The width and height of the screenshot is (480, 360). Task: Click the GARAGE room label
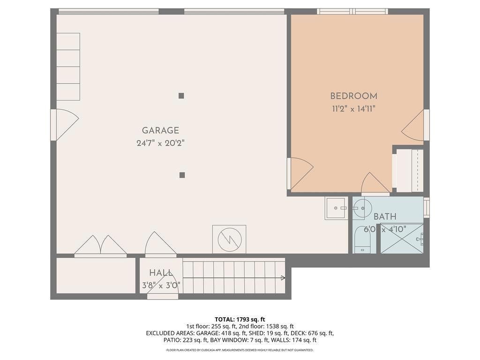160,131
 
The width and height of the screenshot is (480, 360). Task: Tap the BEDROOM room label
353,96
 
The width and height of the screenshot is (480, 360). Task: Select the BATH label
385,217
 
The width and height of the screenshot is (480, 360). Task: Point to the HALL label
160,273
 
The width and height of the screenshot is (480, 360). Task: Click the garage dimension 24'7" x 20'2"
160,143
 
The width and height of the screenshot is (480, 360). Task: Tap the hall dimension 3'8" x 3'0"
161,285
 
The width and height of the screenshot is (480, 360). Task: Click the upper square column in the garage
181,96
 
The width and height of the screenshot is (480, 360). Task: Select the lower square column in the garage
182,175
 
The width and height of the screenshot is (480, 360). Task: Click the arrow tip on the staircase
283,278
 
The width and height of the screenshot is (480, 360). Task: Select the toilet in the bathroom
362,240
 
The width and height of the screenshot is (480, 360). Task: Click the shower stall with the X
401,238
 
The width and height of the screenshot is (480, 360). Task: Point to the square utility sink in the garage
336,208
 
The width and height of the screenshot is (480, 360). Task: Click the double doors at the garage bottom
100,246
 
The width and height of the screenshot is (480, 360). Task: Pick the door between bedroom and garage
300,173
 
